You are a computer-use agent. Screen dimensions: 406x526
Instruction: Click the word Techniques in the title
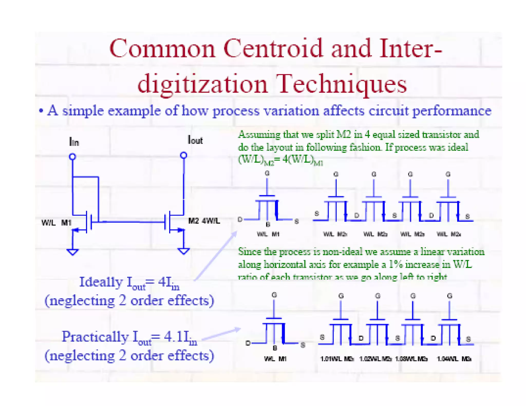coord(342,84)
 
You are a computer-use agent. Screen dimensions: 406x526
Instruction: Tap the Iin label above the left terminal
coord(74,142)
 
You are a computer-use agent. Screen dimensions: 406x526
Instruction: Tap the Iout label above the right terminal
coord(195,140)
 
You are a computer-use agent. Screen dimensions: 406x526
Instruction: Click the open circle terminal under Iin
coord(73,156)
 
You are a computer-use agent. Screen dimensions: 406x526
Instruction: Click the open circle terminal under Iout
coord(183,155)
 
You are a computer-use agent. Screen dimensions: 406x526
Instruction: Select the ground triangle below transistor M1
coord(72,252)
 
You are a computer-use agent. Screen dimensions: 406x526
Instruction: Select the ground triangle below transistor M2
coord(183,251)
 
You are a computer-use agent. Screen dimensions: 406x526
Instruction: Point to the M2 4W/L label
coord(204,221)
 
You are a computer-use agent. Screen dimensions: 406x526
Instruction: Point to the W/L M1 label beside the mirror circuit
coord(56,223)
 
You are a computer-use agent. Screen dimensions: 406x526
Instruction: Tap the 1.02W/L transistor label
coord(375,359)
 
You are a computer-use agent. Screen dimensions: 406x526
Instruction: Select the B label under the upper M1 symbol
coord(268,224)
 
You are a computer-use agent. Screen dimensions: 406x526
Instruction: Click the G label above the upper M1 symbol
coord(267,173)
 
